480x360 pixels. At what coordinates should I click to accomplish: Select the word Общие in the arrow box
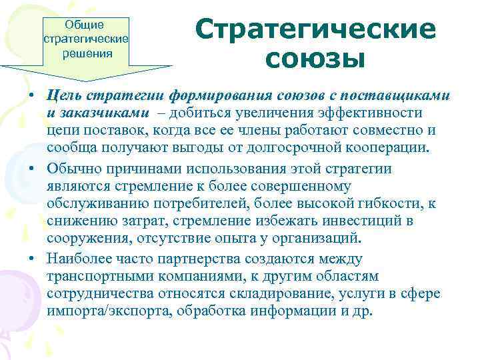(x=84, y=25)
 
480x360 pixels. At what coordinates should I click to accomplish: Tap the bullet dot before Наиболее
(x=33, y=258)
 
